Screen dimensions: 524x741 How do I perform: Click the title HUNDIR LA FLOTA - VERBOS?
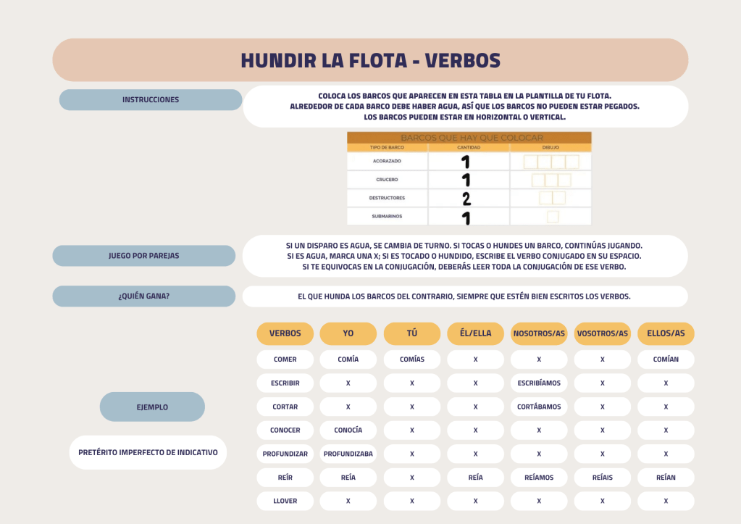370,60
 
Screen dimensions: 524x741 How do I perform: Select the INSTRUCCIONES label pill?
151,100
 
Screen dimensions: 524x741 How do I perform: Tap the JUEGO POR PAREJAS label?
144,256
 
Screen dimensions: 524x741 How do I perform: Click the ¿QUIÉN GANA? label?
144,296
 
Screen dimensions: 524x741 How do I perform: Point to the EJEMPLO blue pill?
152,407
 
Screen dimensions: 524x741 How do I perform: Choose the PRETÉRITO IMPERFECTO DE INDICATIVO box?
148,452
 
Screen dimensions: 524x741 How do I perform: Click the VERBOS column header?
285,333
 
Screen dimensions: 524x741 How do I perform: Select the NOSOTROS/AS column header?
539,333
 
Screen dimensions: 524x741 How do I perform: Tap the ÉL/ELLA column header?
475,333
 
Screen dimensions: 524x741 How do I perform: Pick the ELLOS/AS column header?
666,333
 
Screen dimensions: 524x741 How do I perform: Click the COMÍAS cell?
411,359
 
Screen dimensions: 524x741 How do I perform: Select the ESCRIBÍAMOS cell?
539,383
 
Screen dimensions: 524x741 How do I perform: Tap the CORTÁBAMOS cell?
539,407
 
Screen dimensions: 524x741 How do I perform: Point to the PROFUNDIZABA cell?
348,454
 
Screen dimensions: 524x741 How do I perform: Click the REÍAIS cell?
602,478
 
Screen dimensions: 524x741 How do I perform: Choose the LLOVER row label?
285,501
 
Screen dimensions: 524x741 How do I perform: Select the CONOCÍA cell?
348,430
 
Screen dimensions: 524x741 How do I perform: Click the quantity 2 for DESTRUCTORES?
466,199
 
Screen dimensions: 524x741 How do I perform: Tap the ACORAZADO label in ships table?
386,161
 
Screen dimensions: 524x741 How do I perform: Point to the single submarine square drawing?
553,217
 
